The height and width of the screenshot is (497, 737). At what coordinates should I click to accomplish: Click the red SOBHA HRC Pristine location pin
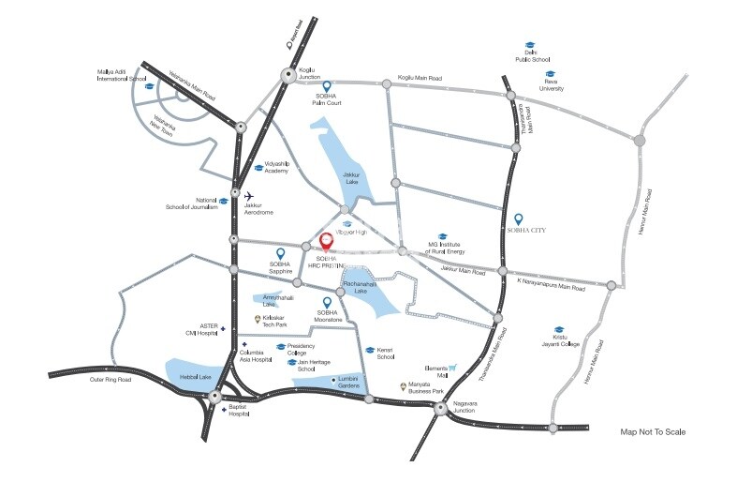(x=325, y=242)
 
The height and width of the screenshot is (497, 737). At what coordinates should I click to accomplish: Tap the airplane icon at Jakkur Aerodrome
(x=248, y=197)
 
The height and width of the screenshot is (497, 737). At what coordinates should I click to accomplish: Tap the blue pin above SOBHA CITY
(x=520, y=218)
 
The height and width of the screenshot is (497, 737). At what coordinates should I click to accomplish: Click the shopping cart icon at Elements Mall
(x=451, y=369)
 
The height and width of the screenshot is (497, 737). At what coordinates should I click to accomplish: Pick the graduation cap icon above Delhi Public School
(x=529, y=44)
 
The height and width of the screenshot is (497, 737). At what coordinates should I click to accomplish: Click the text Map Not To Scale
(x=653, y=432)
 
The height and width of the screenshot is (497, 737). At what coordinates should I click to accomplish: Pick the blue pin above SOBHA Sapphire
(x=279, y=254)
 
